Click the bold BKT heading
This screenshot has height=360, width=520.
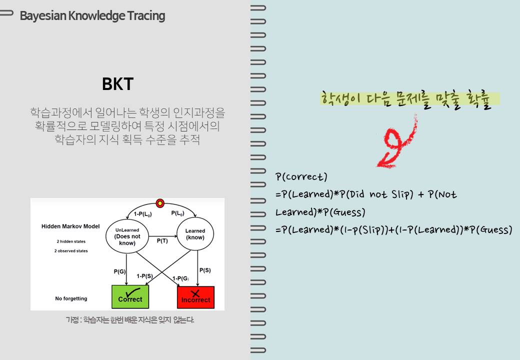[x=117, y=84]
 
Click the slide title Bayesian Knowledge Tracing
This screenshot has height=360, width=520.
[x=92, y=16]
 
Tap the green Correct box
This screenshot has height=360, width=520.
[x=130, y=296]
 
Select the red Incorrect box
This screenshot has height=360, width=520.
[x=195, y=297]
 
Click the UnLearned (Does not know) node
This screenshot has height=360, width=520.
[x=127, y=236]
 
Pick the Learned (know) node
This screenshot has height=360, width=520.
[x=195, y=234]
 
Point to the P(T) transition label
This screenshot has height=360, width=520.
[x=162, y=241]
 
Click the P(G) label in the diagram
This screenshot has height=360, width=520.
[x=119, y=271]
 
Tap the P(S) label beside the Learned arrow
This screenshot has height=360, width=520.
[x=205, y=270]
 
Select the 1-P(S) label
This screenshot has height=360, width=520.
[x=144, y=276]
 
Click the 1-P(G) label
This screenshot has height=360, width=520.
[x=180, y=278]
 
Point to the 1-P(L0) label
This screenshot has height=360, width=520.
[x=142, y=214]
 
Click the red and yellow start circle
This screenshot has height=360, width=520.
[x=160, y=203]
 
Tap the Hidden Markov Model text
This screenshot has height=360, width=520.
[x=70, y=226]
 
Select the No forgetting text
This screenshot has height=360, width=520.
[x=71, y=298]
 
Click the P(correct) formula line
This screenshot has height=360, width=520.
[x=301, y=176]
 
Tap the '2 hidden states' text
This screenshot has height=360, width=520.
[x=71, y=241]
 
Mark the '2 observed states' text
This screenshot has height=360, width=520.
[x=71, y=251]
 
